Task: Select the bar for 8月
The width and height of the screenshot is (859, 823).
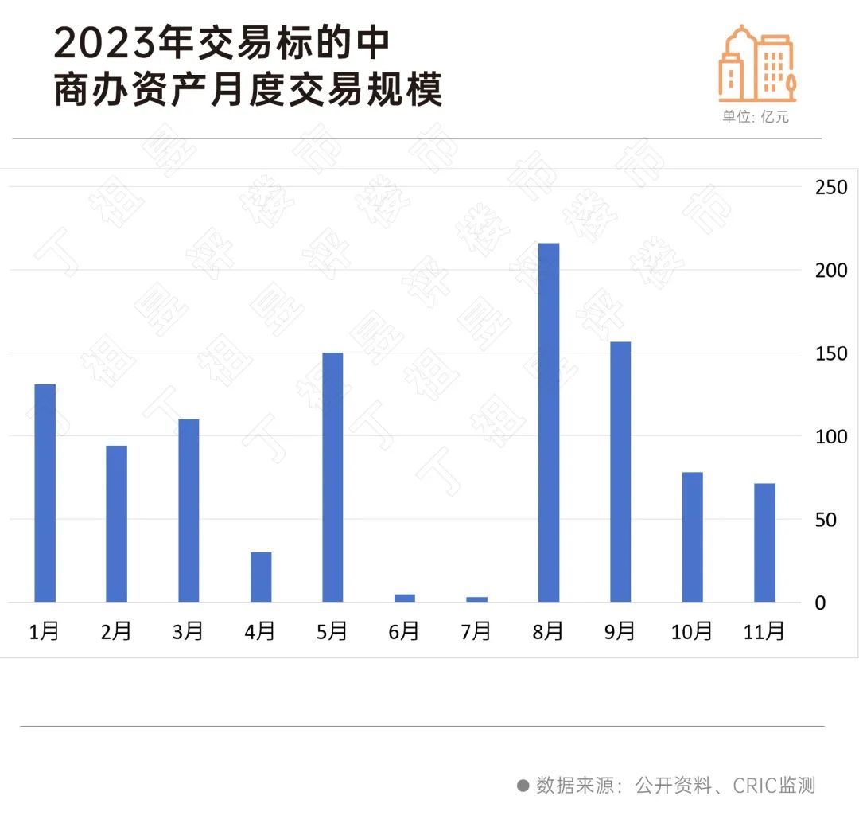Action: (x=548, y=423)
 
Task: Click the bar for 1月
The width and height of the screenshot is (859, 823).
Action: (x=45, y=493)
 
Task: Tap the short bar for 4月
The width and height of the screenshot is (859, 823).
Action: (x=261, y=577)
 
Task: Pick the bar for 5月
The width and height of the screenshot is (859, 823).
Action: (x=332, y=478)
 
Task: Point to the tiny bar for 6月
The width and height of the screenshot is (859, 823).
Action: (x=404, y=598)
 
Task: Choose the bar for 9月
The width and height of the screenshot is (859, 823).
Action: (x=620, y=472)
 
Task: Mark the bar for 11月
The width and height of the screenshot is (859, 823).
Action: (x=764, y=543)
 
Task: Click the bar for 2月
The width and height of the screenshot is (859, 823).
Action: (x=117, y=524)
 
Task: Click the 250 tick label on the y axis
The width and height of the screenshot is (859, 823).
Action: (x=831, y=188)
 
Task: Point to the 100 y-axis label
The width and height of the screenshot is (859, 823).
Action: (x=831, y=437)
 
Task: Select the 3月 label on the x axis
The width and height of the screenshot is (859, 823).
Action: (x=189, y=632)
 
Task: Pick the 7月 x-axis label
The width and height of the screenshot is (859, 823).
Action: (x=476, y=632)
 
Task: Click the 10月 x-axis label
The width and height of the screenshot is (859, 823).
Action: (x=691, y=632)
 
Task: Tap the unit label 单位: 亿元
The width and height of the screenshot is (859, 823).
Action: (x=755, y=117)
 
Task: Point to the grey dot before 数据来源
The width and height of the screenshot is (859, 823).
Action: (x=523, y=786)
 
